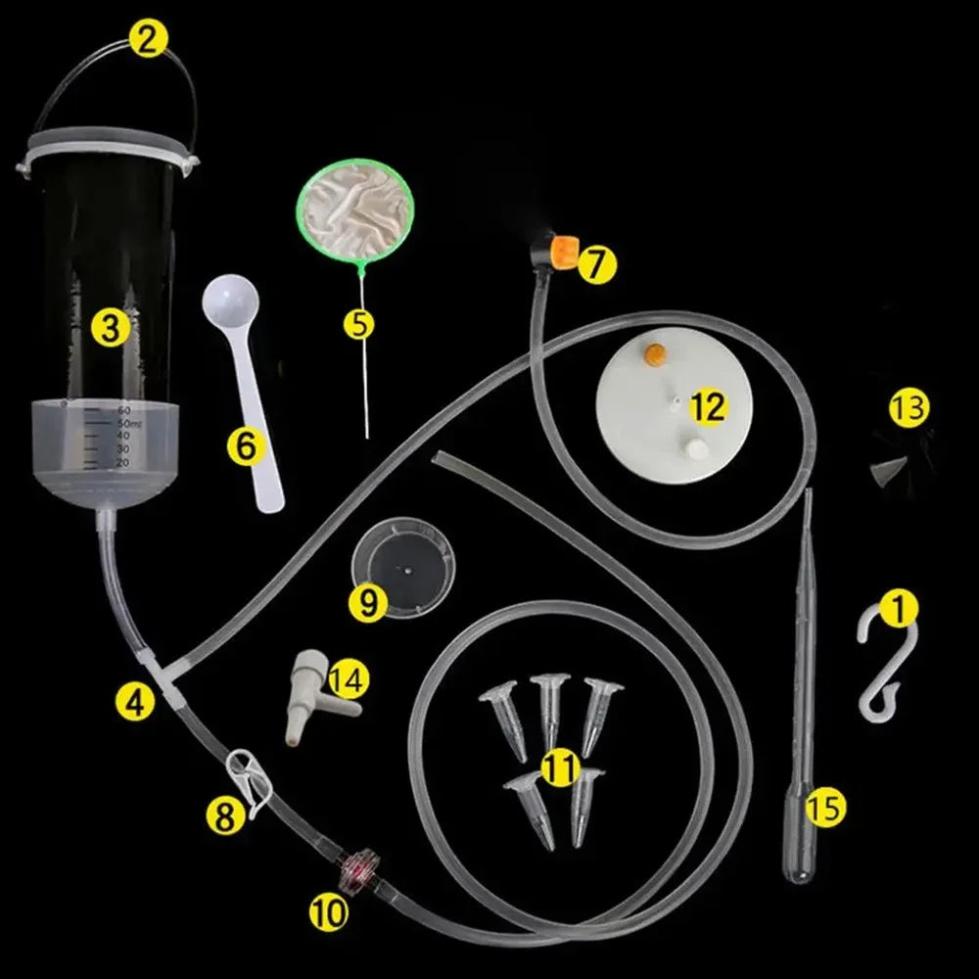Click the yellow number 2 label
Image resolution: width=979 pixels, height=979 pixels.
[149, 40]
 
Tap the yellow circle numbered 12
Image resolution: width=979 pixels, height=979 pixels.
[707, 405]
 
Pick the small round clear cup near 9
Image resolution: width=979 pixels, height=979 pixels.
[403, 566]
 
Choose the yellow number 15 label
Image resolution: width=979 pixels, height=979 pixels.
[826, 809]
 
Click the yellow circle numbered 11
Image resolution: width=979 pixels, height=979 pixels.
[559, 769]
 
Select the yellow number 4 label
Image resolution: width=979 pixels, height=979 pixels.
[135, 701]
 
